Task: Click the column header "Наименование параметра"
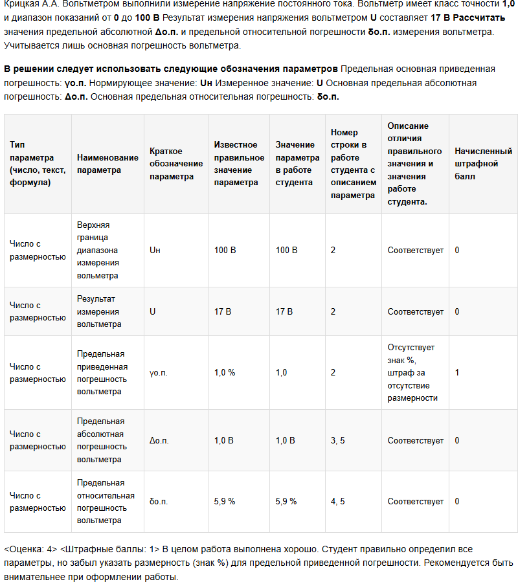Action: tap(107, 164)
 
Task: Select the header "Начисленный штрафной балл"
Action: tap(483, 164)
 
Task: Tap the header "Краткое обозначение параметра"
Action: tap(175, 164)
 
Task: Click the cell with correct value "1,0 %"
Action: tap(225, 373)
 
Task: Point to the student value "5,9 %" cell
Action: tap(286, 502)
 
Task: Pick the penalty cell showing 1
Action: tap(457, 373)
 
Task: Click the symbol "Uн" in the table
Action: tap(155, 251)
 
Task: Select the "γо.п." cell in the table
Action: tap(159, 373)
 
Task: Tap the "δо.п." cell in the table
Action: tap(159, 502)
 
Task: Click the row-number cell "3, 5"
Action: tap(337, 441)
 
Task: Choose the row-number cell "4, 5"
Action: tap(337, 502)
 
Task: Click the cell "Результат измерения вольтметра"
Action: tap(98, 311)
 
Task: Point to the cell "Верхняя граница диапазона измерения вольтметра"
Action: tap(98, 251)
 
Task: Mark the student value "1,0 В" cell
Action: tap(286, 441)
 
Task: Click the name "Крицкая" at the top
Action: tap(20, 4)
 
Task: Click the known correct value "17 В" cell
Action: tap(223, 311)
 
